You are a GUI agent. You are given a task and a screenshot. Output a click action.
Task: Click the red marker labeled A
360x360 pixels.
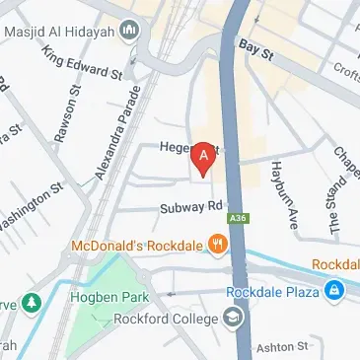[204, 158]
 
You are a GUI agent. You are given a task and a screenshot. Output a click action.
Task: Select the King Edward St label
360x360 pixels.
[81, 67]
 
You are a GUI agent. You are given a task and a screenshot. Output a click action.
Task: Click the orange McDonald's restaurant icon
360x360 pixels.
[214, 244]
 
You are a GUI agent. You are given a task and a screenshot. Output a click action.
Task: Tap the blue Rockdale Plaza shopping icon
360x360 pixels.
[336, 291]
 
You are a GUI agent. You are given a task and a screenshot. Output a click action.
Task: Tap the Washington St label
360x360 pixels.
[30, 202]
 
